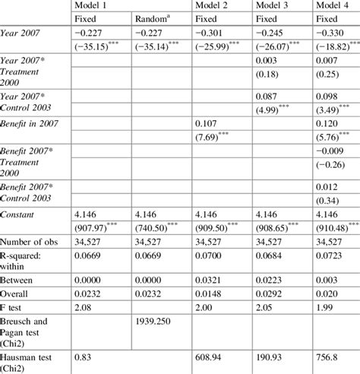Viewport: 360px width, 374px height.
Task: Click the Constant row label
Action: [x=23, y=215]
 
